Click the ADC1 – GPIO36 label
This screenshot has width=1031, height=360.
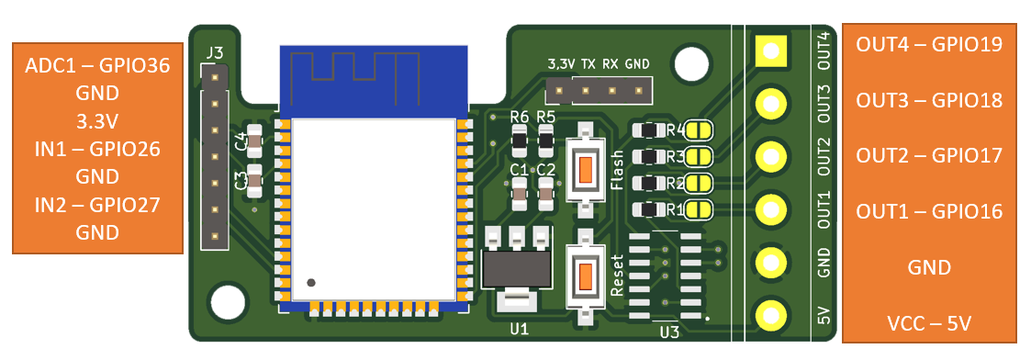(x=97, y=66)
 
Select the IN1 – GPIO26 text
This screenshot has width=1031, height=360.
(x=97, y=150)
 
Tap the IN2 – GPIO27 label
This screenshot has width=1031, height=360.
(x=97, y=205)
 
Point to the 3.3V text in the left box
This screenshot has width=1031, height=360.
(x=97, y=122)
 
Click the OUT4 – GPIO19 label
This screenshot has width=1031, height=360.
(x=929, y=45)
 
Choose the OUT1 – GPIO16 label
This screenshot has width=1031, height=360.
(x=929, y=212)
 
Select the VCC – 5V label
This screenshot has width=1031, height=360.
(x=929, y=324)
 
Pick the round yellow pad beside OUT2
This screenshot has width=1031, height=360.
(x=771, y=157)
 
